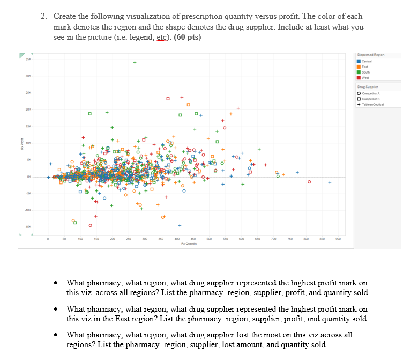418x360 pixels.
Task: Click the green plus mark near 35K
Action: tap(135, 62)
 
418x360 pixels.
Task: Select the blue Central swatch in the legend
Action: tap(360, 60)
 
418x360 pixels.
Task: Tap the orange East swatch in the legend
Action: tap(360, 66)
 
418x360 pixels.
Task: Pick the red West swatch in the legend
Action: tap(360, 77)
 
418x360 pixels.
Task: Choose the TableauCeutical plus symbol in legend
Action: tap(360, 104)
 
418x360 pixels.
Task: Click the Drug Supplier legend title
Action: tap(368, 86)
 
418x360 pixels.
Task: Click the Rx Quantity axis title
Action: tap(188, 243)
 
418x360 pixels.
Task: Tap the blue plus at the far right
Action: tap(330, 182)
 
